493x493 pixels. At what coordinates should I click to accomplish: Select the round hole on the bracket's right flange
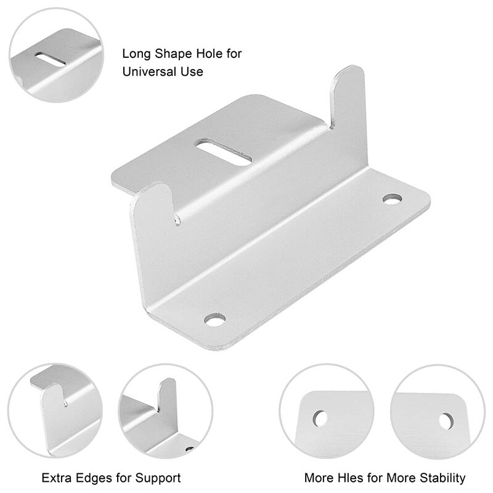point(391,200)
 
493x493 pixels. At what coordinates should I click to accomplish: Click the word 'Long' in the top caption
point(135,54)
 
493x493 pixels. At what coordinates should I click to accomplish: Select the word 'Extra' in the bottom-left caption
point(55,477)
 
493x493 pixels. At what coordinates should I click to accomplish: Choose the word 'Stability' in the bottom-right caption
point(444,477)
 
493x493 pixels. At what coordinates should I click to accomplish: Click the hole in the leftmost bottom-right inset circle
point(320,417)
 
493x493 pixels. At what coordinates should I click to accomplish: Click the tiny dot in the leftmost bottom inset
point(67,405)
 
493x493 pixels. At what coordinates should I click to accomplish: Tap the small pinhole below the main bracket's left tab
point(177,218)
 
